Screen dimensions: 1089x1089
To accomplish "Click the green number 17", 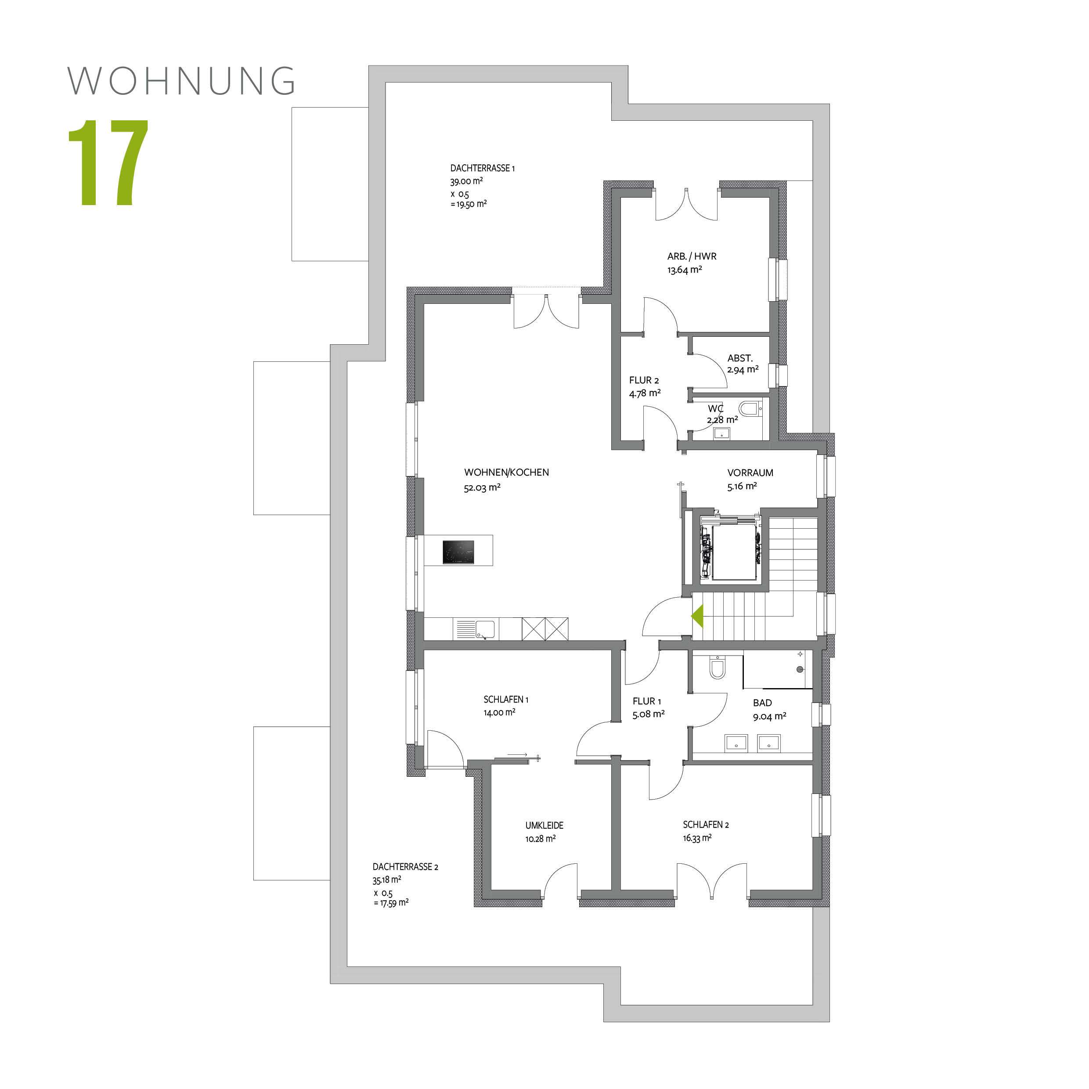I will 108,162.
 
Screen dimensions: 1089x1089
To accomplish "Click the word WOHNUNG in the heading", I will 181,81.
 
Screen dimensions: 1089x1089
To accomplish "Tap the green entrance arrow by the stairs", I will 698,616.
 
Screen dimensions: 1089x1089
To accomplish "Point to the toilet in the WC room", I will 749,408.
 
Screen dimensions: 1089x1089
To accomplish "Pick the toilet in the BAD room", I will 718,668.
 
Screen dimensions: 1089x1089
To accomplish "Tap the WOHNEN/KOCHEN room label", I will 506,472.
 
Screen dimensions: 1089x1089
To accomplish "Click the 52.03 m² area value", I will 482,487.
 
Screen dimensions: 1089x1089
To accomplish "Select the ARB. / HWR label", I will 692,256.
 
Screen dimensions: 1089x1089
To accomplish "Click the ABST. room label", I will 739,358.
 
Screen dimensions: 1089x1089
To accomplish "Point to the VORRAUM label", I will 750,473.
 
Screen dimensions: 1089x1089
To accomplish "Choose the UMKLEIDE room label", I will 544,825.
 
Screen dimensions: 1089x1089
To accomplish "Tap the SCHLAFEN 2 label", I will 706,825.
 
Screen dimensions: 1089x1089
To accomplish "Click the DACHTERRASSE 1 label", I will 482,168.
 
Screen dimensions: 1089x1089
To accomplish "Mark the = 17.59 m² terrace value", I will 391,902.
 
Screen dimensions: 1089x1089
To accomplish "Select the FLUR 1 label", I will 646,701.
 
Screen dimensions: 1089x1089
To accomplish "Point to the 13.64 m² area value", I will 684,270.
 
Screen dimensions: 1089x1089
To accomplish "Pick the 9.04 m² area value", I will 769,717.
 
